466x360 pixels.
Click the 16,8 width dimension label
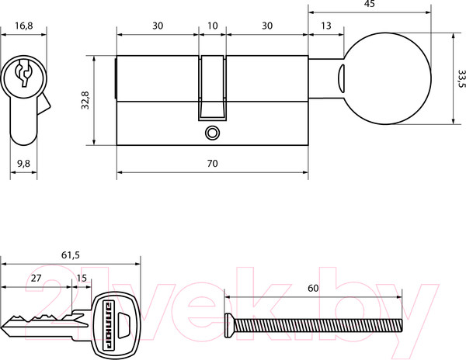click(24, 26)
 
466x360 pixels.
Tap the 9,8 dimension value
click(23, 163)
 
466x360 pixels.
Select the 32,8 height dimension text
click(85, 100)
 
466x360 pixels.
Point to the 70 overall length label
click(212, 163)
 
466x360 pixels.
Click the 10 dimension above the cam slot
click(212, 26)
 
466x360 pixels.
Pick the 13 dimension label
click(325, 26)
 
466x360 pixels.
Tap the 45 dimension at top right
click(369, 4)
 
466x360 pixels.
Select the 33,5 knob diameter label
click(461, 78)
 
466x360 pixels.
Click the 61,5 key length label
click(71, 255)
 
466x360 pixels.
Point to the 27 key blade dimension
click(36, 278)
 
